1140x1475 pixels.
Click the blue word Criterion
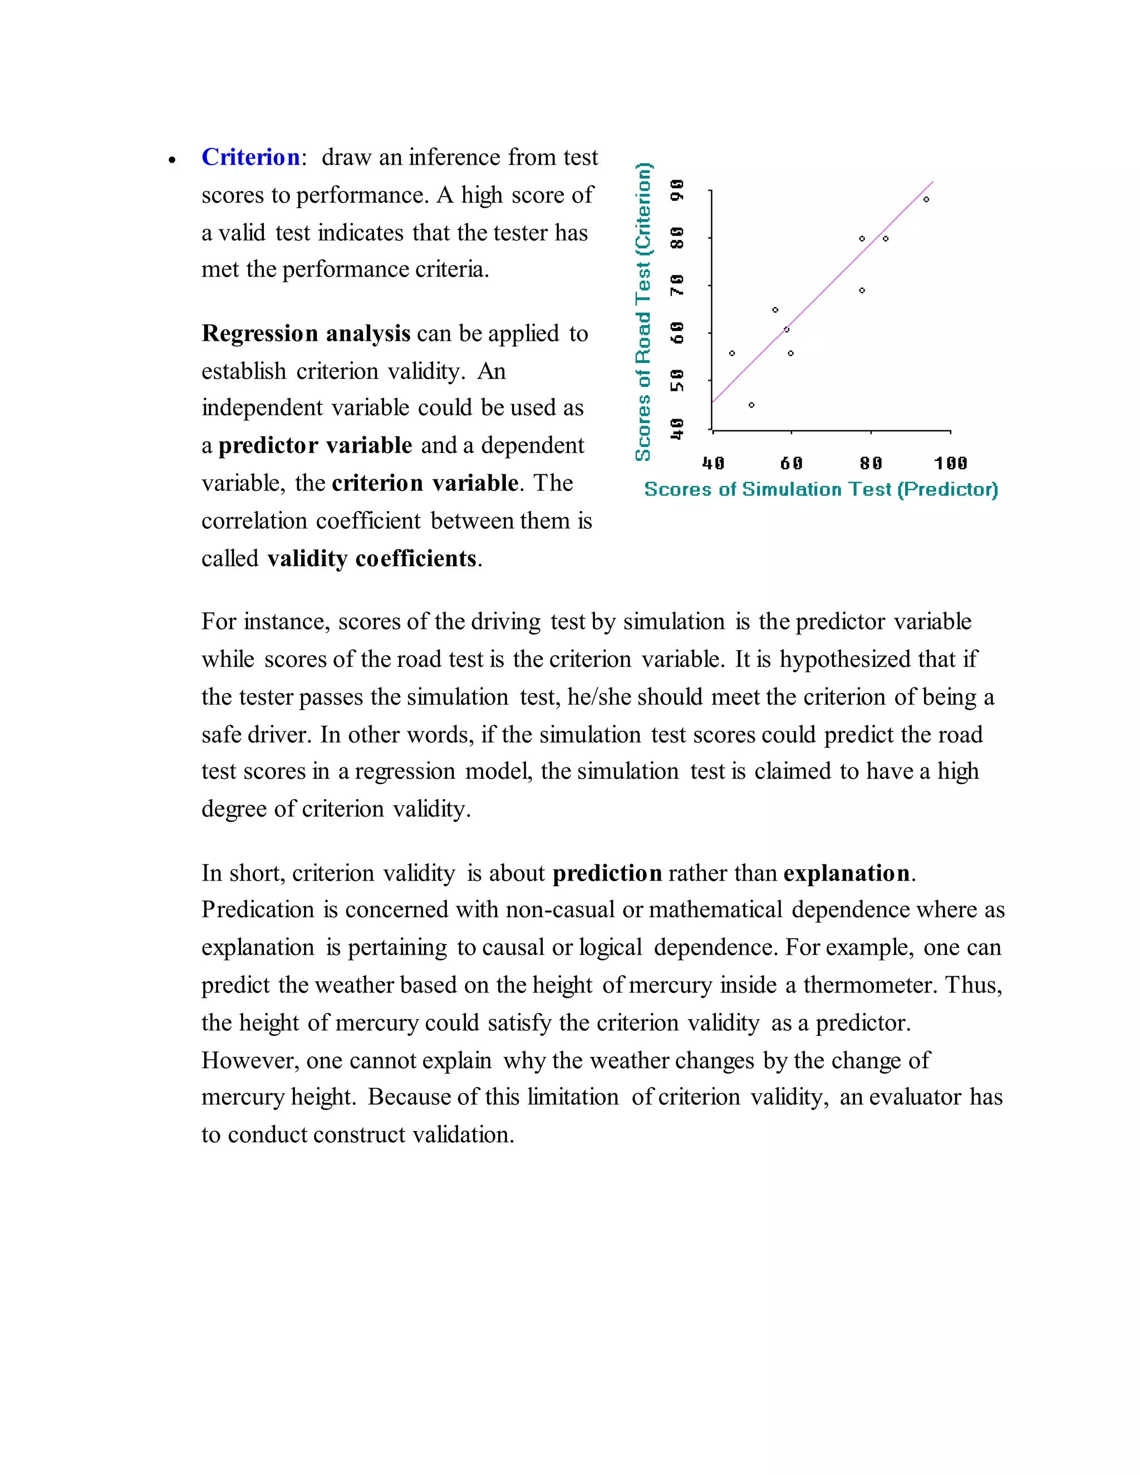250,158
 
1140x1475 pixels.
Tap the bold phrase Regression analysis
306,333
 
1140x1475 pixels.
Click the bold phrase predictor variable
316,446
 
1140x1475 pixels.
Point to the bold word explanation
847,873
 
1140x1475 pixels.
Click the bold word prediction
607,873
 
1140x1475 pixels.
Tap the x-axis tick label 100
950,463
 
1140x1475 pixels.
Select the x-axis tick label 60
792,463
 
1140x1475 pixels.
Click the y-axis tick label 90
677,190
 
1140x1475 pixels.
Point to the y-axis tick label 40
677,428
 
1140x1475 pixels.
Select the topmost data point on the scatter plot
926,199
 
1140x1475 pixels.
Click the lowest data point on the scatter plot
751,405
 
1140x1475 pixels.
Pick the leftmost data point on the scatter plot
732,353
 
